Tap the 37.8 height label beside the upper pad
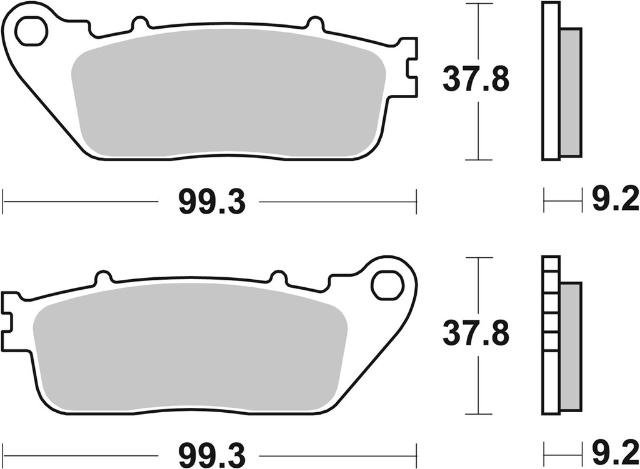point(476,81)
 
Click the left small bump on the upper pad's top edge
point(141,24)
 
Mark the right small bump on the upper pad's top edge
point(314,24)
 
